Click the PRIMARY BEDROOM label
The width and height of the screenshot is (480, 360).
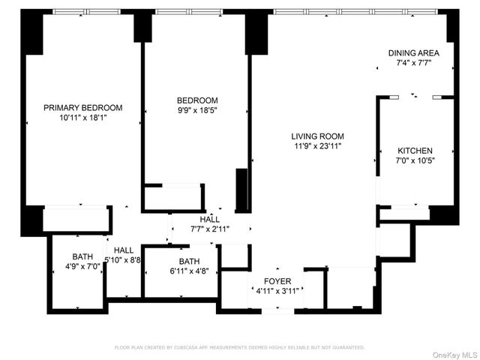[82, 107]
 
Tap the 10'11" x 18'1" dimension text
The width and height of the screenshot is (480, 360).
[82, 118]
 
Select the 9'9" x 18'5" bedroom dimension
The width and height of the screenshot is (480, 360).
[197, 111]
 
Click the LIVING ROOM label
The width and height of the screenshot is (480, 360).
[317, 136]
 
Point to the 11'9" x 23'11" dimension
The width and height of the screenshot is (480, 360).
[317, 146]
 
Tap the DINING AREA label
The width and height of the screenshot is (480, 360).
[413, 53]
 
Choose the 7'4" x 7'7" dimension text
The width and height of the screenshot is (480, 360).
[413, 64]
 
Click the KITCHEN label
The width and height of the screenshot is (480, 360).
[415, 151]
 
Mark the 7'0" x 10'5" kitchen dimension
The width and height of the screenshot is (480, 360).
[415, 160]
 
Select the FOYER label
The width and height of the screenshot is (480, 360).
[277, 280]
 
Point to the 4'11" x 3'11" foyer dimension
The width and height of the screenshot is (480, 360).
[277, 291]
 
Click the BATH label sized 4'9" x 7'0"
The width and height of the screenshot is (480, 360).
[82, 256]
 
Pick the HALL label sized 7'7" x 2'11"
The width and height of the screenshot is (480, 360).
[210, 220]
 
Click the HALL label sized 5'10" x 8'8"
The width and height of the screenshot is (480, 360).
[124, 250]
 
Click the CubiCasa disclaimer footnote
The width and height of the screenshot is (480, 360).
[239, 347]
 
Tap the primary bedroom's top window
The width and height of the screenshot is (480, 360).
[84, 12]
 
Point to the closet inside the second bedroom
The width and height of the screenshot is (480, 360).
[172, 197]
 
